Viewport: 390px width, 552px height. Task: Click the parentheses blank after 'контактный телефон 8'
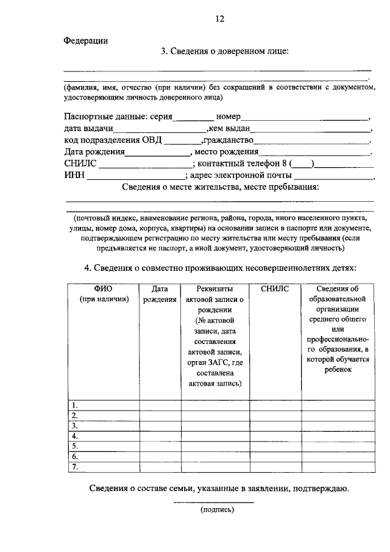pyautogui.click(x=302, y=165)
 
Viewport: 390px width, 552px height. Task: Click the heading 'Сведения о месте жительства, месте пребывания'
pyautogui.click(x=220, y=187)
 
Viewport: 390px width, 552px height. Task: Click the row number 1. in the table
pyautogui.click(x=75, y=405)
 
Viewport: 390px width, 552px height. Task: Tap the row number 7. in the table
pyautogui.click(x=75, y=467)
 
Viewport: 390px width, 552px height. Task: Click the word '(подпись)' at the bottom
pyautogui.click(x=217, y=510)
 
